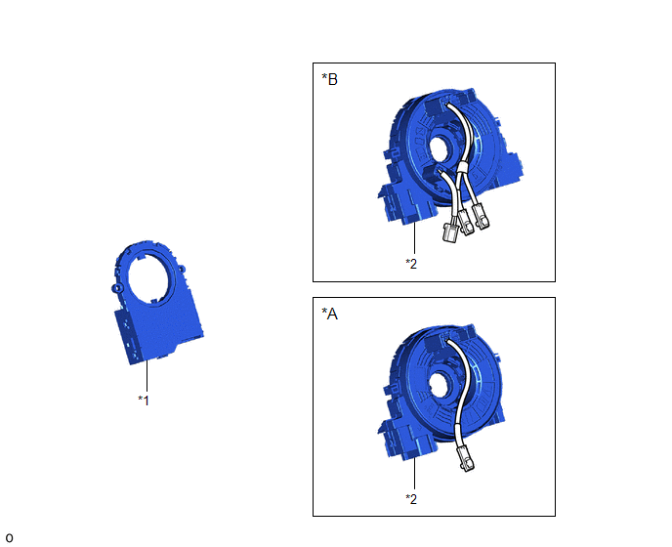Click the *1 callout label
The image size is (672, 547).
[x=144, y=400]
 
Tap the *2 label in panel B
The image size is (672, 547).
[x=411, y=264]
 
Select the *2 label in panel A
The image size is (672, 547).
[x=411, y=499]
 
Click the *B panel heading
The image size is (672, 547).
[x=329, y=79]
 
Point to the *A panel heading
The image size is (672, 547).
[x=329, y=314]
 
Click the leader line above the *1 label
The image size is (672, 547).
[x=147, y=376]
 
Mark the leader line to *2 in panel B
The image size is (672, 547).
[x=414, y=238]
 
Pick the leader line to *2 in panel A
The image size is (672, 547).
[x=414, y=474]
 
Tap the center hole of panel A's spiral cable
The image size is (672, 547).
[x=441, y=384]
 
